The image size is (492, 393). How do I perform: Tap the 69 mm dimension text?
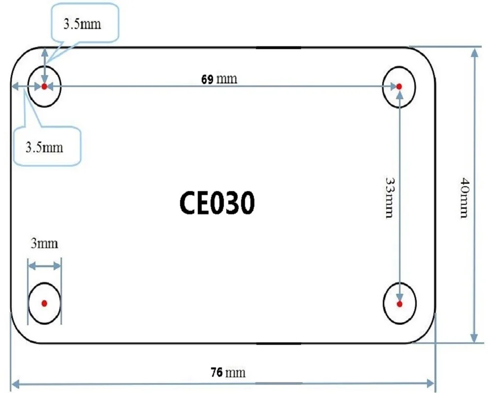[219, 79]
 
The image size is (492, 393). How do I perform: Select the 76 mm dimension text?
[227, 372]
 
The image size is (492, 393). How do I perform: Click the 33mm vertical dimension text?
[388, 197]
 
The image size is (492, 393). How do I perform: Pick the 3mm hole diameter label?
[44, 244]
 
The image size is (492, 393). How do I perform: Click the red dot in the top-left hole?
[44, 86]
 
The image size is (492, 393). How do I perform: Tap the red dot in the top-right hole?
[399, 86]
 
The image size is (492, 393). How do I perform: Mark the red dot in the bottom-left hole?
[44, 304]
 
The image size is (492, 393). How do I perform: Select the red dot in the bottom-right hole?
[399, 304]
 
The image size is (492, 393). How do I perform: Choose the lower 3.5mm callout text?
[44, 147]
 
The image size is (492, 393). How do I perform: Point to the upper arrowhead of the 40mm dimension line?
[474, 53]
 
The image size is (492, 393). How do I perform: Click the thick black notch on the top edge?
[278, 48]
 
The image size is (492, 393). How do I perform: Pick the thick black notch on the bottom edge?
[278, 343]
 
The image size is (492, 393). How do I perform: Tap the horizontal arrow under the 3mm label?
[44, 266]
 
